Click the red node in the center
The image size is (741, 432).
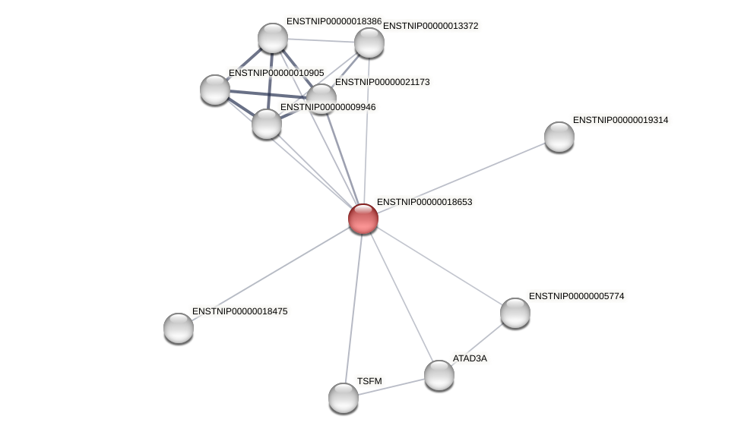[x=363, y=219]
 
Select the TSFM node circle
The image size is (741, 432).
[x=344, y=397]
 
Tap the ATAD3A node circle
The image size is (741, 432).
[x=439, y=374]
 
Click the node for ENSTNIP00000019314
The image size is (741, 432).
[x=559, y=137]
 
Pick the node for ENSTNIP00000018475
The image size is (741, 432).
[x=179, y=328]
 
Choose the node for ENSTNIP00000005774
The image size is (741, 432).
[x=515, y=312]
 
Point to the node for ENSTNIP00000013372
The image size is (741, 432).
[x=369, y=43]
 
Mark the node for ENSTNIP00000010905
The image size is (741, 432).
[x=215, y=90]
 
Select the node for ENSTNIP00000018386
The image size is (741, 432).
[x=273, y=38]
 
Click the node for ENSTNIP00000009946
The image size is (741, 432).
[x=267, y=124]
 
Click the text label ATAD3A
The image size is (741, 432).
[x=470, y=358]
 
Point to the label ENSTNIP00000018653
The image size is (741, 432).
[x=424, y=203]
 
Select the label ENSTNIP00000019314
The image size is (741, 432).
[x=620, y=120]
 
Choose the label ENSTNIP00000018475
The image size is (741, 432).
[x=239, y=311]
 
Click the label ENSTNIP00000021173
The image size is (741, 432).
[x=382, y=82]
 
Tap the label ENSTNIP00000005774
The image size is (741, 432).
[x=576, y=296]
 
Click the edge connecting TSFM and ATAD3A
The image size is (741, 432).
[x=391, y=386]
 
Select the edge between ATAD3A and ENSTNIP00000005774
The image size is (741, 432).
[x=477, y=343]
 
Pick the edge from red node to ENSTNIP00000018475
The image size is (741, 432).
[x=271, y=273]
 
